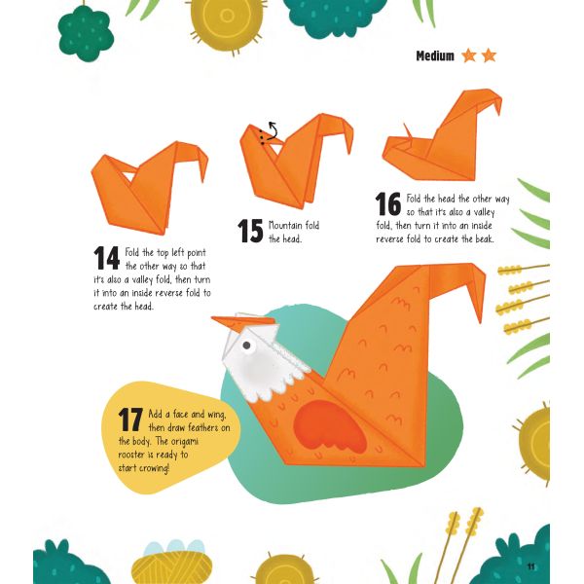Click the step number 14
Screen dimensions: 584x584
106,258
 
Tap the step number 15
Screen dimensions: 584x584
250,231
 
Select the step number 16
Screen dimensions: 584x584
388,203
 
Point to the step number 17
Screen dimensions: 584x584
130,420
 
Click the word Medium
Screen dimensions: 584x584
435,55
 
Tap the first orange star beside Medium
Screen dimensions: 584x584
469,55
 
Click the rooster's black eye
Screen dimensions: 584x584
246,346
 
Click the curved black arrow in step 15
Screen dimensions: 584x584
273,131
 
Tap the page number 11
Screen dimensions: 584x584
530,566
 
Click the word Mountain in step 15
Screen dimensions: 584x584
285,226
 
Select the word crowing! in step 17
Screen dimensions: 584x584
154,468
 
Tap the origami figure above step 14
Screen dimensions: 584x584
150,188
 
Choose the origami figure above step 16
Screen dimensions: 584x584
442,135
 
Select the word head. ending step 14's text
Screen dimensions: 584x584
143,307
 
